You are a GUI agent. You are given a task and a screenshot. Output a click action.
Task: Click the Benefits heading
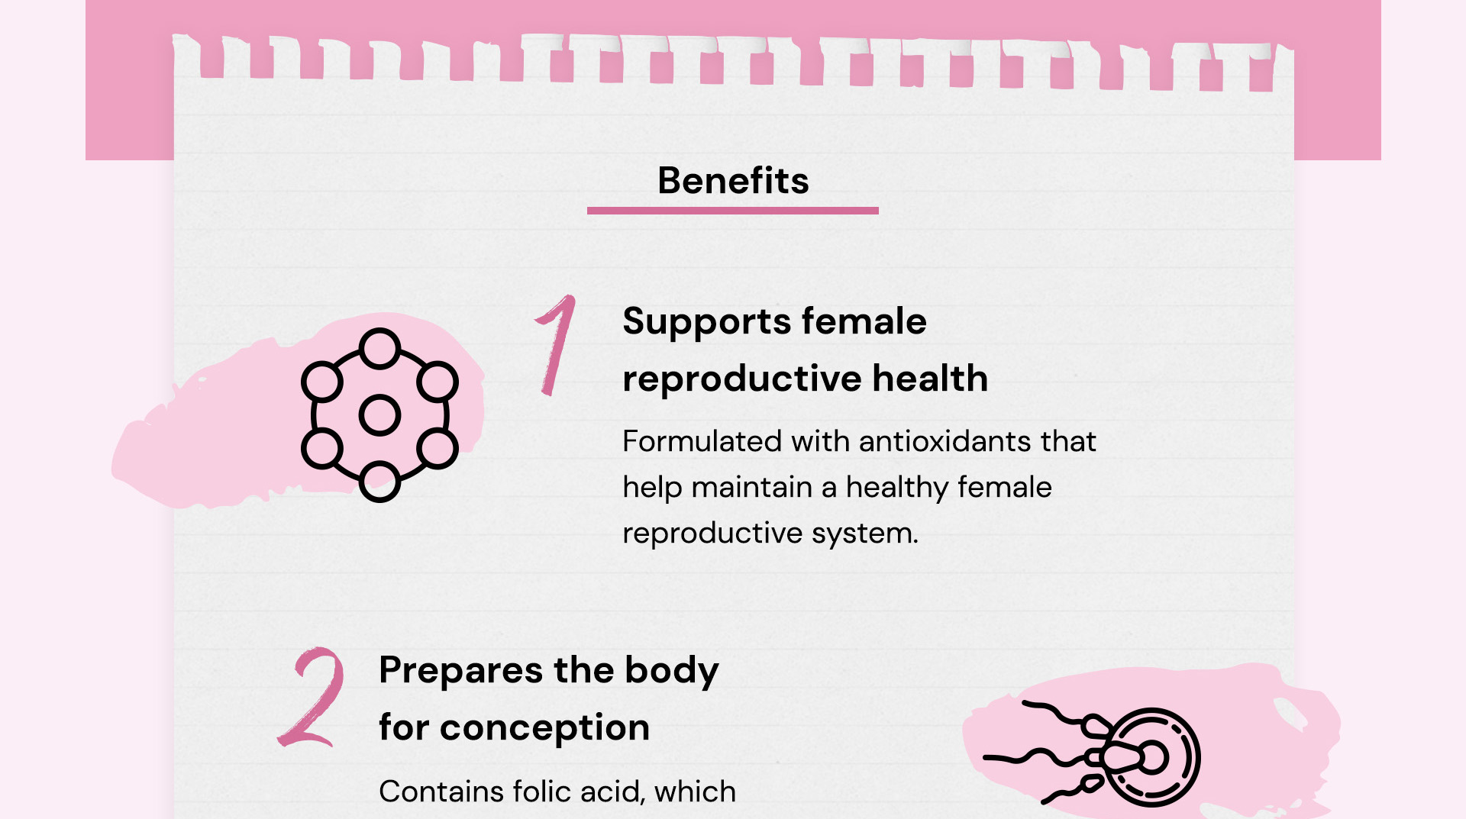click(733, 181)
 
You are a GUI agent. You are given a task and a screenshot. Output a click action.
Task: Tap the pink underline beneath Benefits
click(733, 211)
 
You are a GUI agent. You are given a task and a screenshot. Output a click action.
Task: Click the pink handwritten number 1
click(556, 345)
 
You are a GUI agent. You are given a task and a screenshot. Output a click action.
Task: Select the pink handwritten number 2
click(312, 697)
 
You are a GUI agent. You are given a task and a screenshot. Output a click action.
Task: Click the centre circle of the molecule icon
click(379, 415)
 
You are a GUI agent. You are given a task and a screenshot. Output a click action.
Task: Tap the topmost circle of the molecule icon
click(379, 349)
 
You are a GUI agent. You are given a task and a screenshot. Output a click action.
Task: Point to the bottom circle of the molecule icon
click(379, 482)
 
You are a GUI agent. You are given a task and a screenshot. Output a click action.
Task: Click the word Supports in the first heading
click(706, 322)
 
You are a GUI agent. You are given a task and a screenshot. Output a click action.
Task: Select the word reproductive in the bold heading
click(741, 379)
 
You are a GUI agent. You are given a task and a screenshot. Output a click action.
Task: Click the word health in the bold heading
click(930, 378)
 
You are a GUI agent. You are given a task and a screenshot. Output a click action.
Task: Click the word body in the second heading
click(672, 671)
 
